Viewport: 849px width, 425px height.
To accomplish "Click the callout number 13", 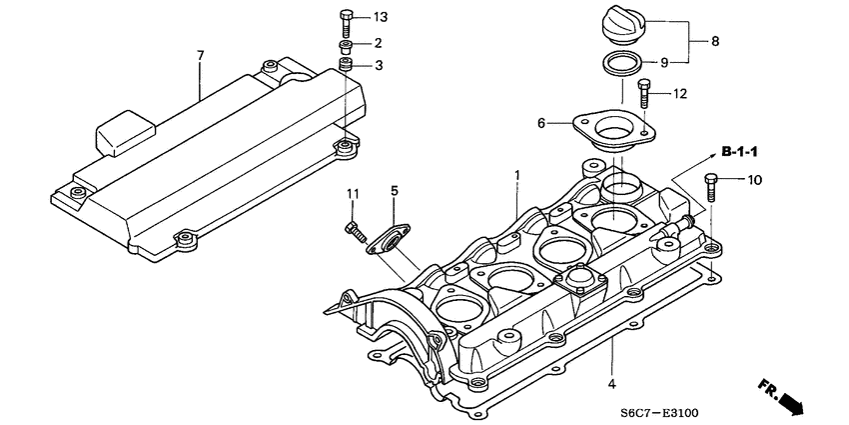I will (379, 18).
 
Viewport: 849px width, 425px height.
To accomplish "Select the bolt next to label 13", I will (346, 19).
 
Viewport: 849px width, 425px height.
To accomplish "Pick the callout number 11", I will (352, 192).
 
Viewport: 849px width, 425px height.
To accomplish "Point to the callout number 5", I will (395, 190).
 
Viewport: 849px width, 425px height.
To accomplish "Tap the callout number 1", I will (517, 175).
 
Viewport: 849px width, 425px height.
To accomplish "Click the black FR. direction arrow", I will (784, 397).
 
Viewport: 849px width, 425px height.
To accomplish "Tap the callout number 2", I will (379, 43).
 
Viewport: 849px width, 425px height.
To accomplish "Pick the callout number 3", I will (379, 65).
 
